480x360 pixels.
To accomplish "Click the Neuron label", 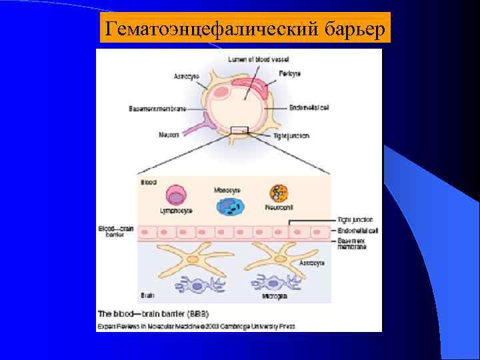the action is click(x=169, y=135).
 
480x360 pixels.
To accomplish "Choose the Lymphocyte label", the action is click(x=176, y=211).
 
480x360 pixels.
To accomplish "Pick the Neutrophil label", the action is click(x=279, y=207).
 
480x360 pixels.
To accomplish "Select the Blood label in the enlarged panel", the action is click(x=148, y=181).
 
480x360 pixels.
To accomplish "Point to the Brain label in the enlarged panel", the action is click(x=147, y=294).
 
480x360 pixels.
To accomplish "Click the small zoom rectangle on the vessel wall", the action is click(x=239, y=129).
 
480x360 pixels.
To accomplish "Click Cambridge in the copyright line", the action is click(x=250, y=326).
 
